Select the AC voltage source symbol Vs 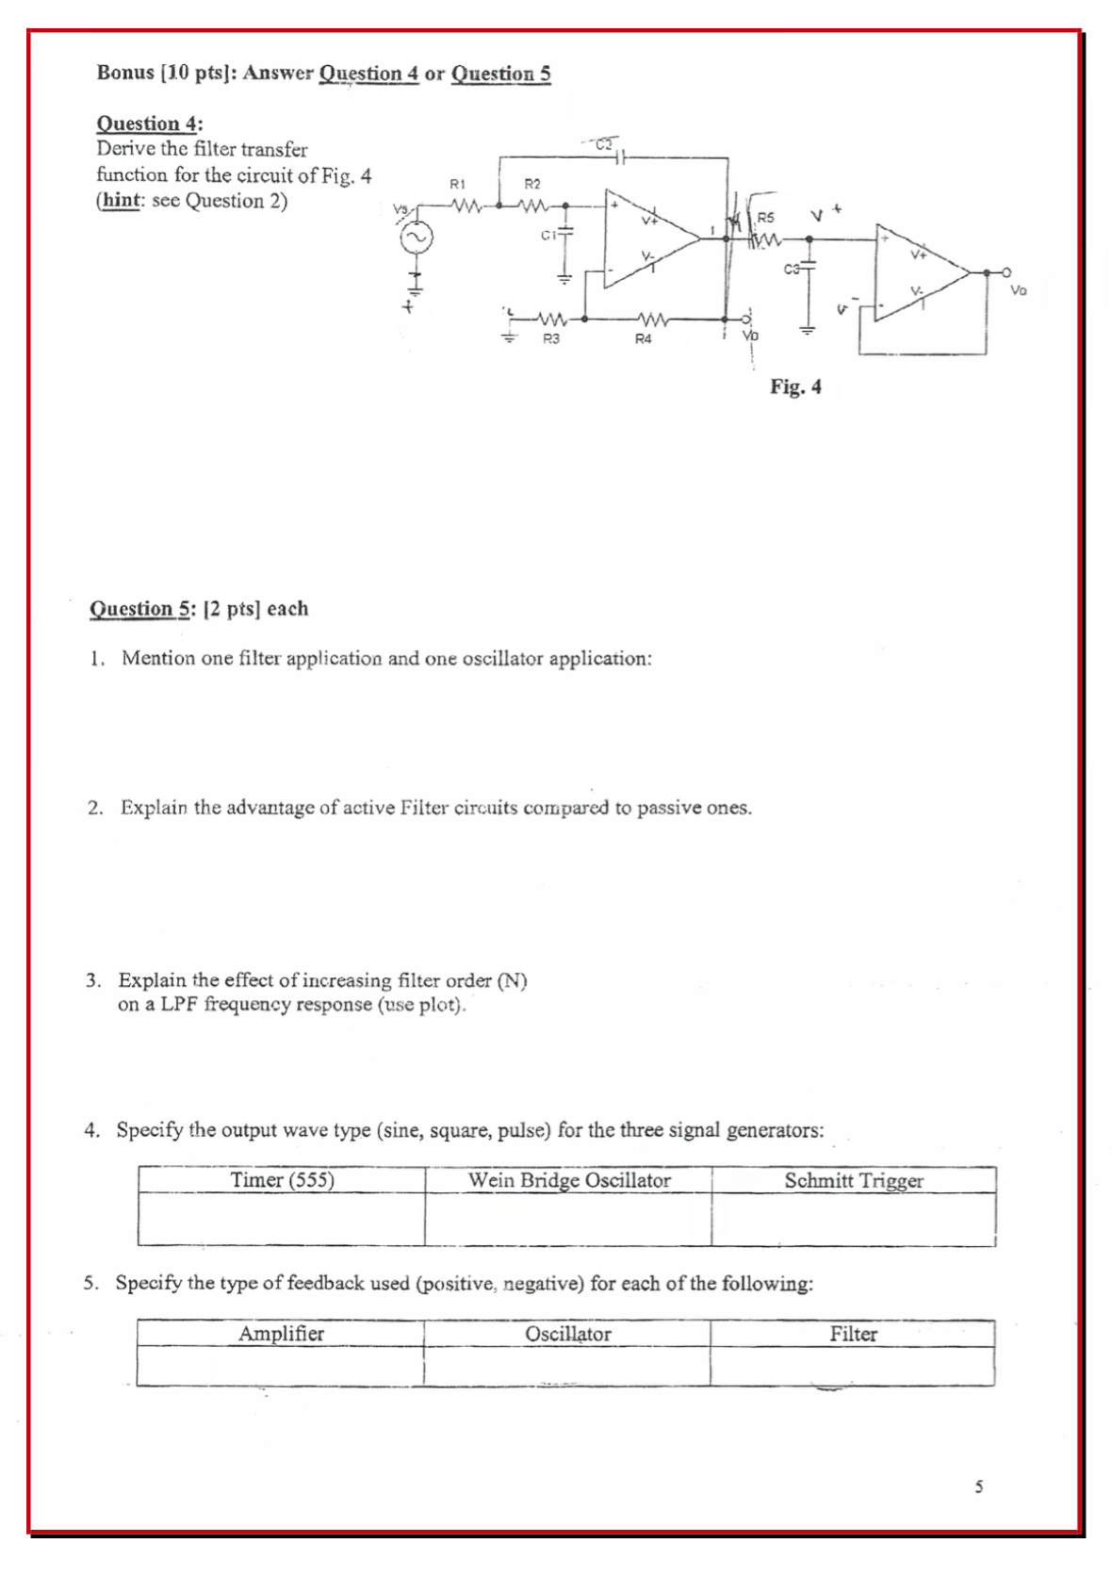tap(417, 238)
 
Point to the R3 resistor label tap(551, 338)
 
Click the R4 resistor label tap(643, 338)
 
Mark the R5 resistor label tap(765, 218)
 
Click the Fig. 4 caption tap(795, 386)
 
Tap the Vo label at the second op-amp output tap(1018, 290)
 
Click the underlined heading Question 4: tap(149, 123)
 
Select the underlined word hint tap(121, 201)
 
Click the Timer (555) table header tap(282, 1180)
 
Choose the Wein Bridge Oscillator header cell tap(569, 1180)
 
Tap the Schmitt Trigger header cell tap(854, 1180)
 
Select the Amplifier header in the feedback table tap(281, 1334)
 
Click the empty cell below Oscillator tap(566, 1366)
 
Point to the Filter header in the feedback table tap(853, 1334)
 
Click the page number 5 tap(979, 1486)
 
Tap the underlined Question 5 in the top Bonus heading tap(500, 74)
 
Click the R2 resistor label tap(531, 183)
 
